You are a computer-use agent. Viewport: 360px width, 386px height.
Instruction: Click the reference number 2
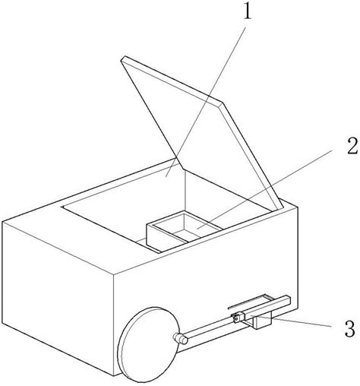(x=352, y=145)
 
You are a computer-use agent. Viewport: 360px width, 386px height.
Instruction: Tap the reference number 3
(x=350, y=329)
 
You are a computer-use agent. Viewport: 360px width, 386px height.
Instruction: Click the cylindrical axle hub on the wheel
(x=180, y=338)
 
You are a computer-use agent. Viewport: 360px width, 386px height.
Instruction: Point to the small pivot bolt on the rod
(x=235, y=319)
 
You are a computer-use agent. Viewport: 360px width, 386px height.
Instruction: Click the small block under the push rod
(x=264, y=321)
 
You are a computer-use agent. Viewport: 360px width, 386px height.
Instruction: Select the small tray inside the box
(x=184, y=232)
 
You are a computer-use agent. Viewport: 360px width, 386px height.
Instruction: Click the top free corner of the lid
(x=123, y=57)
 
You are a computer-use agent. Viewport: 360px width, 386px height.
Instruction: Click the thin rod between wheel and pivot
(x=210, y=328)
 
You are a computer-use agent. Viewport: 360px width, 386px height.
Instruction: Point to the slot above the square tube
(x=250, y=302)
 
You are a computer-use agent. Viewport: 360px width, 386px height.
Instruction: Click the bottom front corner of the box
(x=114, y=375)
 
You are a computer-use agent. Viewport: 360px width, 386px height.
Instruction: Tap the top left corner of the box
(x=2, y=221)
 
